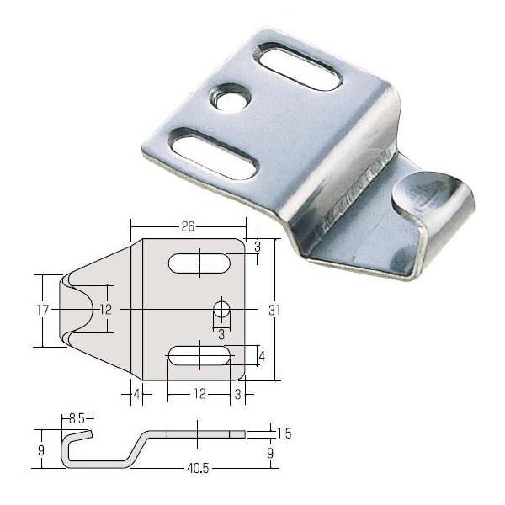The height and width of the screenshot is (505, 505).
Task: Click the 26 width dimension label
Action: click(188, 226)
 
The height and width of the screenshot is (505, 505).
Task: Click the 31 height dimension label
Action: click(274, 311)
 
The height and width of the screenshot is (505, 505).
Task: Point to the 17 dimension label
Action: click(42, 310)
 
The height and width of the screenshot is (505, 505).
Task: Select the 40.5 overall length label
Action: click(198, 468)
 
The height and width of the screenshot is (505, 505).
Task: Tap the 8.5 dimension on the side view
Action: click(77, 419)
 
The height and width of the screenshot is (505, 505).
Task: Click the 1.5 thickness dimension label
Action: click(284, 434)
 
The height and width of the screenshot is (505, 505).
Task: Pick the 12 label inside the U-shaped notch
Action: click(106, 310)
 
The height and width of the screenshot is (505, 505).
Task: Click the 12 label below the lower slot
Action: click(199, 394)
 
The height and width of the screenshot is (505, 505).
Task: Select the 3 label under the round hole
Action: click(221, 335)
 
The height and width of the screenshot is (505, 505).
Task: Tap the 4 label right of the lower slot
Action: click(262, 356)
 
